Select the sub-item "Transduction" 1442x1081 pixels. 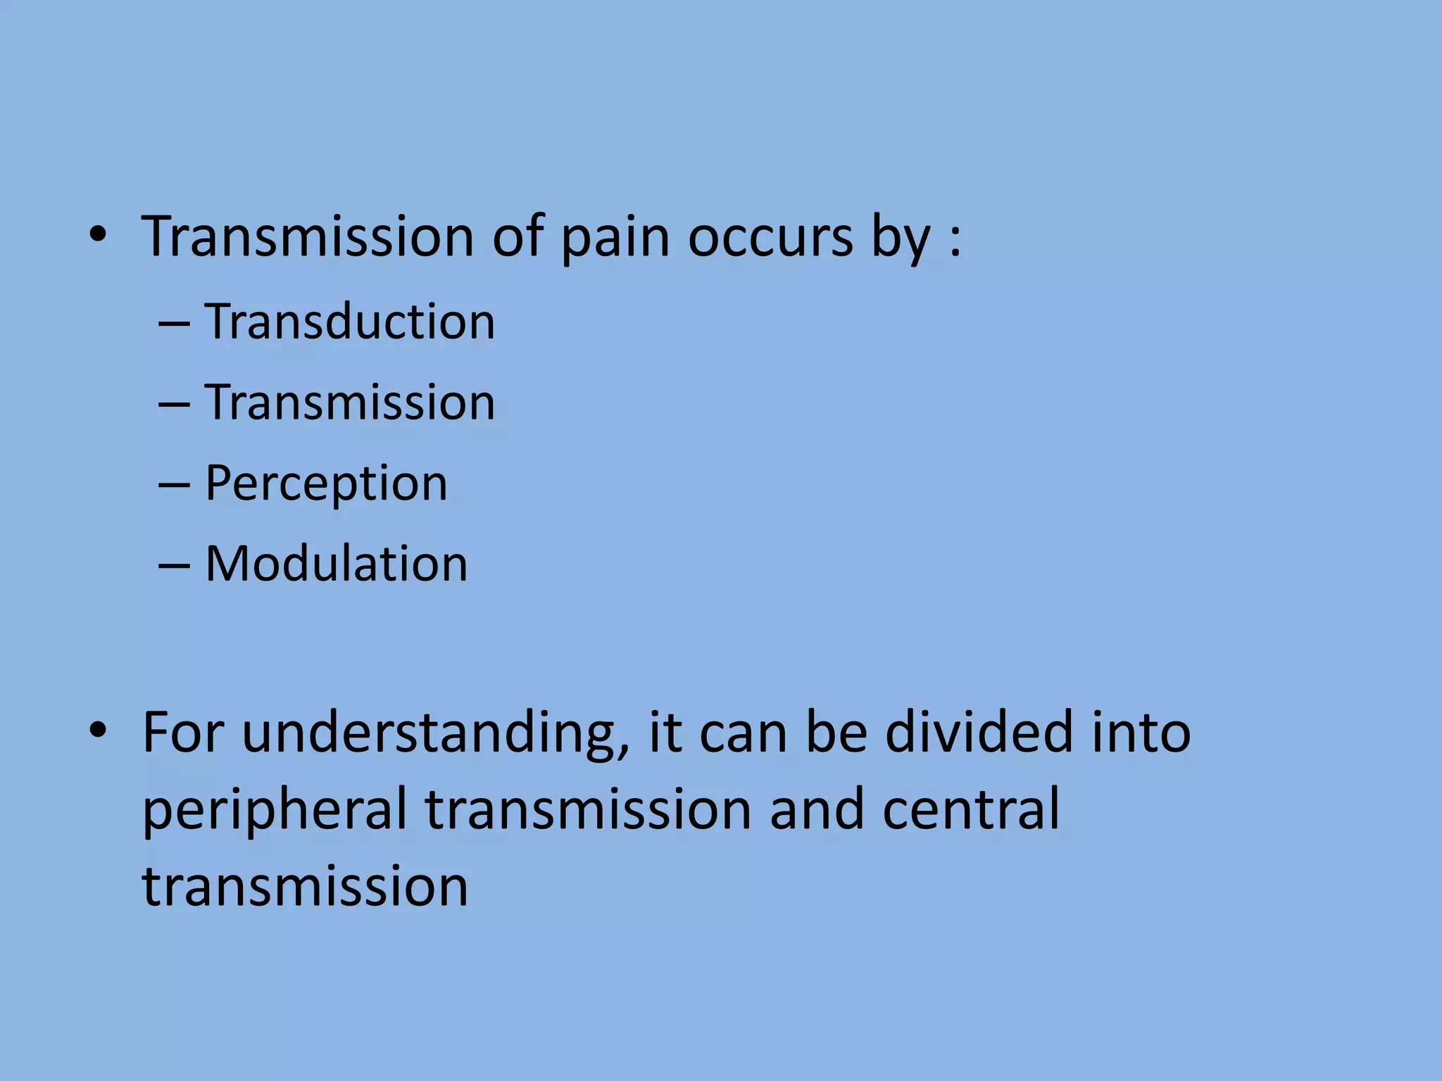point(350,322)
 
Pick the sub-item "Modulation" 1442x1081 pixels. point(336,564)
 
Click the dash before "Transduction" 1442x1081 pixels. point(174,324)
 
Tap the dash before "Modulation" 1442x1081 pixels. point(174,566)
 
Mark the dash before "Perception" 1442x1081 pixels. point(174,486)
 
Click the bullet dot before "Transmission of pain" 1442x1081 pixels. point(98,236)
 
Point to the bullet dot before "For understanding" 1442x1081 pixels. point(98,732)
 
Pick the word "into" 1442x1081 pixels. point(1141,733)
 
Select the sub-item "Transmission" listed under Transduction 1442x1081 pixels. point(350,403)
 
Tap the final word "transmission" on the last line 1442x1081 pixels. point(305,887)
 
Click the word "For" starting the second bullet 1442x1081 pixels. point(183,733)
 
